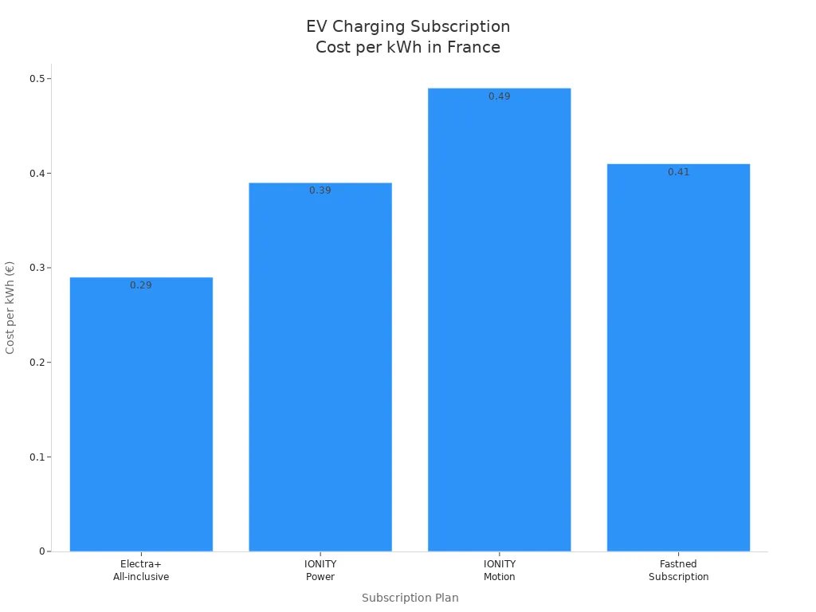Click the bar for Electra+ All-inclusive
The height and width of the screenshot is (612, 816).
141,414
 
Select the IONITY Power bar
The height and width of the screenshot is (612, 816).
320,367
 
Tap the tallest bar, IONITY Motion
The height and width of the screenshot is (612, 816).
499,319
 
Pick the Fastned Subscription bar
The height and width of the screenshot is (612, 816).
678,359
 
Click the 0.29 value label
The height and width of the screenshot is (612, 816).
141,285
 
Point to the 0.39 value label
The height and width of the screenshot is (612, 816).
320,191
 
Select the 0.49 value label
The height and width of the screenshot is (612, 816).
499,96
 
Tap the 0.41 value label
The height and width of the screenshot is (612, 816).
678,172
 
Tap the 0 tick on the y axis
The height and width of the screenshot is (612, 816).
42,551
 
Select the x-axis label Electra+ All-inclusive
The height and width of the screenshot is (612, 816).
141,571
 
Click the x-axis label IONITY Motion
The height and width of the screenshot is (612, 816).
499,571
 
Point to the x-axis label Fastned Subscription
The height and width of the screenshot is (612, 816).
678,571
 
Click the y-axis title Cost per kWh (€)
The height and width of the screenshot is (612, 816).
10,307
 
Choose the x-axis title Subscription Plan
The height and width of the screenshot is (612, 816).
410,598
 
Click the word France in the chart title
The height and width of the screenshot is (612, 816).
473,48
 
